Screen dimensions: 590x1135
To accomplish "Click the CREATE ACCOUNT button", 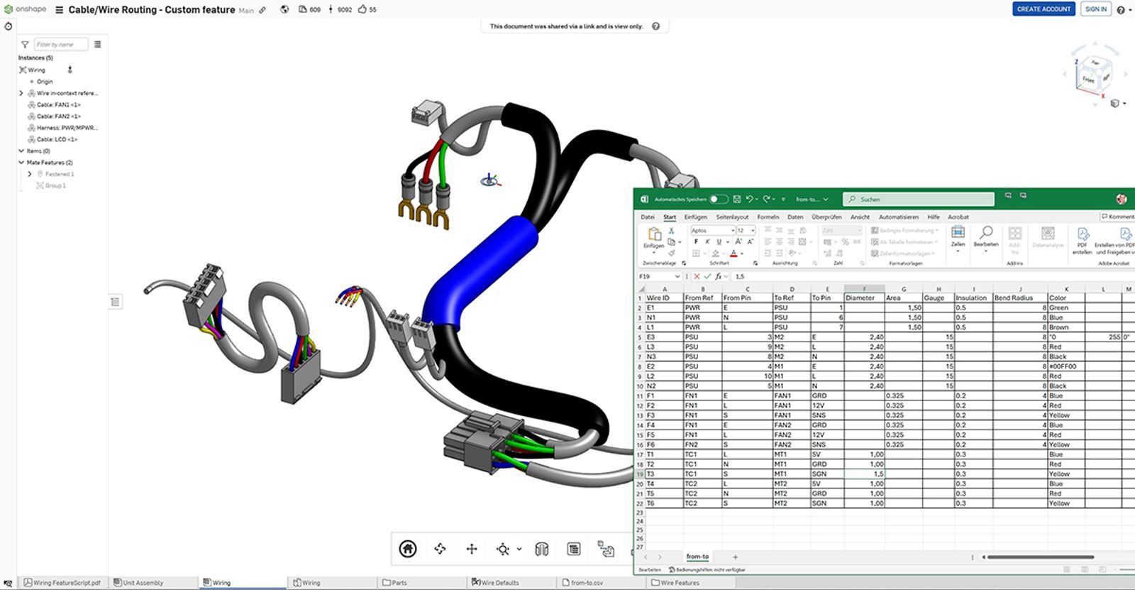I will tap(1043, 9).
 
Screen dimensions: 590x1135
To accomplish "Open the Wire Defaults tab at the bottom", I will tap(499, 583).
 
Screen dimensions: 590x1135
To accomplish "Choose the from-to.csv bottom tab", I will tap(587, 583).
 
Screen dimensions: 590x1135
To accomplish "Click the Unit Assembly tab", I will tap(143, 583).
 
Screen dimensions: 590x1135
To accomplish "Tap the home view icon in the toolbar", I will tap(408, 549).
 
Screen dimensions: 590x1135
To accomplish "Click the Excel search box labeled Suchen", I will tap(919, 200).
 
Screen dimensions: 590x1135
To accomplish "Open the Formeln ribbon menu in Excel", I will tap(768, 217).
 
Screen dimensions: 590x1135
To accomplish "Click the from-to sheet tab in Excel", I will tap(697, 557).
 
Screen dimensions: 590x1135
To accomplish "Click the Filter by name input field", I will tap(61, 45).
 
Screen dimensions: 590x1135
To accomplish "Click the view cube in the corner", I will tap(1090, 73).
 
